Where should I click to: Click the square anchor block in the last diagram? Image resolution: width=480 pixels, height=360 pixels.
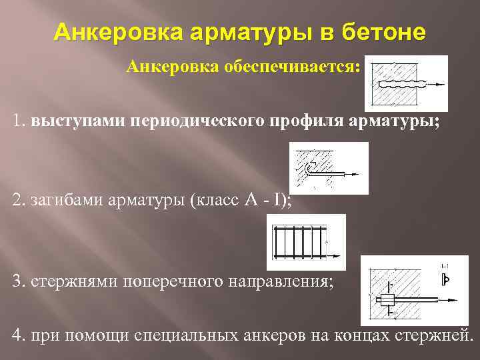tap(387, 299)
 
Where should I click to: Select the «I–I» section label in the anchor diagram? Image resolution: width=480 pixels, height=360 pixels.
tap(444, 267)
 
